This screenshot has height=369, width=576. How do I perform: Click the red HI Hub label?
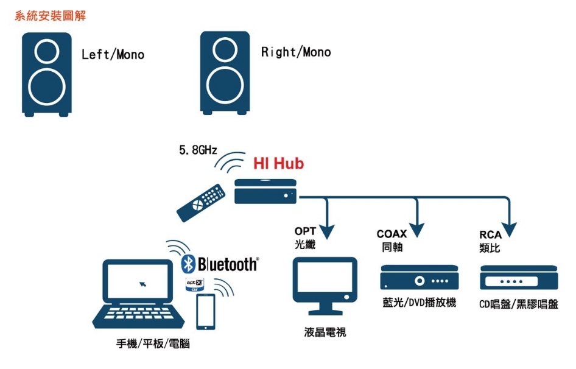[278, 163]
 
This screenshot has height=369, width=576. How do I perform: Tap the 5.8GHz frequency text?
[198, 150]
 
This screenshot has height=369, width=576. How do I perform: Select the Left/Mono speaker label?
[113, 55]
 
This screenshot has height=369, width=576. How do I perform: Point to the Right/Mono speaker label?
[296, 52]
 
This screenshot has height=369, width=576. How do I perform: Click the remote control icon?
[200, 203]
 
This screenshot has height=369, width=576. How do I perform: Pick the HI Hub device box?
[265, 191]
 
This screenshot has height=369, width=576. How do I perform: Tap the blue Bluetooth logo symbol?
[188, 264]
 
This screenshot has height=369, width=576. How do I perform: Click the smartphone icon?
[206, 312]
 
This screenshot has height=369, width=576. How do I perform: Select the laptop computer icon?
[138, 293]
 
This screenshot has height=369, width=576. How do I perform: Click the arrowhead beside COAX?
[417, 230]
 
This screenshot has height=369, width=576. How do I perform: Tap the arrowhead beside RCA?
[509, 230]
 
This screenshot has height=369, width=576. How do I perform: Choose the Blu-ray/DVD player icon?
[420, 277]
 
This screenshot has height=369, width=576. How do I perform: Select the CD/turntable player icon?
[519, 278]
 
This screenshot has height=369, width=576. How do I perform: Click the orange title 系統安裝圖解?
[51, 16]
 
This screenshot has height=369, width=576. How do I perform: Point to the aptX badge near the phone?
[194, 285]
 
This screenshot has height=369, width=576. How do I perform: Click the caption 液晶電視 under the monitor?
[325, 332]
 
